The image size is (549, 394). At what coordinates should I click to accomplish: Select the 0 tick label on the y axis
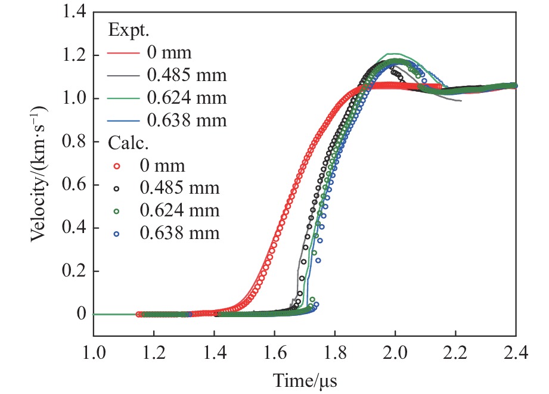[81, 314]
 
